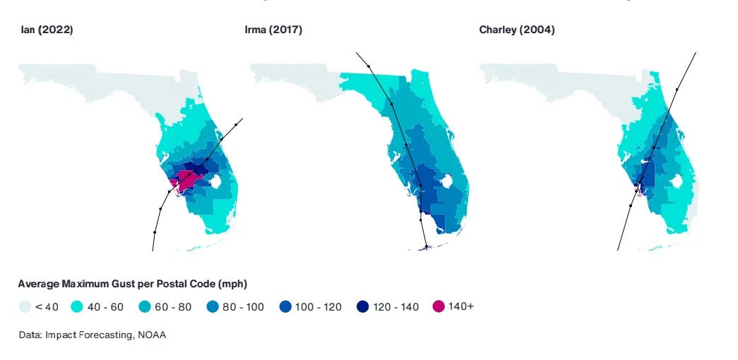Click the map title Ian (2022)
(x=47, y=30)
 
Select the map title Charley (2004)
(x=516, y=30)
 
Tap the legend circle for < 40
(x=26, y=306)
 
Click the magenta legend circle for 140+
(x=439, y=306)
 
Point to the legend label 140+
(x=461, y=306)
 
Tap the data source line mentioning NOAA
(x=92, y=335)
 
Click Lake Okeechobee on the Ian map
(x=216, y=180)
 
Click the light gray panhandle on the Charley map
(x=551, y=78)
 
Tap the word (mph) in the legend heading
(x=232, y=284)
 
